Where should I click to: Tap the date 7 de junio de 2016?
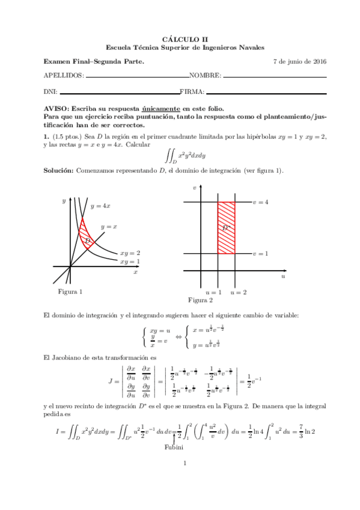click(300, 61)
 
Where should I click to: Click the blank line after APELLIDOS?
click(137, 77)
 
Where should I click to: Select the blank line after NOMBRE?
click(275, 77)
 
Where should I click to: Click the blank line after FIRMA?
click(266, 93)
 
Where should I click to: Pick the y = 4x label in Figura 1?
click(100, 206)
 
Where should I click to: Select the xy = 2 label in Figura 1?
click(130, 253)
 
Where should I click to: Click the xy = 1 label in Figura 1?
click(130, 262)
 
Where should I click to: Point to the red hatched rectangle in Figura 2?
click(226, 227)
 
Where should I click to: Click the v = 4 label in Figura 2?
click(260, 202)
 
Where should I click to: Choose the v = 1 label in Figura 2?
click(260, 253)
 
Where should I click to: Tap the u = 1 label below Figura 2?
click(213, 292)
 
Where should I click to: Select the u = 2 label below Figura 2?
click(238, 292)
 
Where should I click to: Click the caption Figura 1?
click(70, 292)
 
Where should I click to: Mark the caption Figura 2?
click(201, 300)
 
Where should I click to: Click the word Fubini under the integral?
click(174, 447)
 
